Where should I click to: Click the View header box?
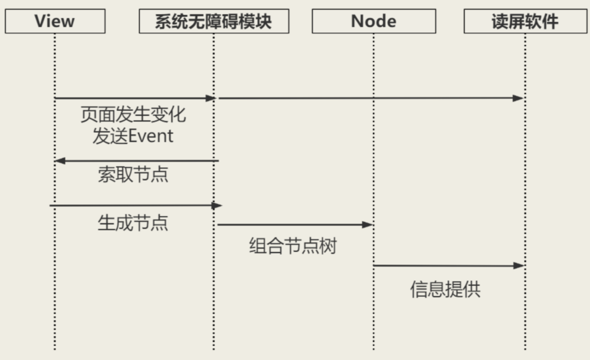[55, 22]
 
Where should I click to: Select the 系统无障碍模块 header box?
[214, 22]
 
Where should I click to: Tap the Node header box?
[374, 22]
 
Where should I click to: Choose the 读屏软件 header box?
[525, 22]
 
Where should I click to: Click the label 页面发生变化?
[133, 115]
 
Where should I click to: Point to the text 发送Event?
[133, 135]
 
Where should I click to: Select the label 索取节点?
[133, 174]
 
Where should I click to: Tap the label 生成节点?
[133, 222]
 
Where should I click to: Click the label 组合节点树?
[293, 246]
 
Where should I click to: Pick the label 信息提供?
[445, 289]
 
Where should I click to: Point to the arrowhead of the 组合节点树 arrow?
[368, 225]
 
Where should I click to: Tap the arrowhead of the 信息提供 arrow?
[519, 265]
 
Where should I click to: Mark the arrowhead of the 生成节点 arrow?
[217, 205]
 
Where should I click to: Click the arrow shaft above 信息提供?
[445, 265]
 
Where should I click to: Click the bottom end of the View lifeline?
[55, 348]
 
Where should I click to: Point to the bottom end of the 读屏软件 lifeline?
[525, 348]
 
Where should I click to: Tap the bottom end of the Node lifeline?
[374, 348]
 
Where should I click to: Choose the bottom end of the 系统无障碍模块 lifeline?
[214, 348]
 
